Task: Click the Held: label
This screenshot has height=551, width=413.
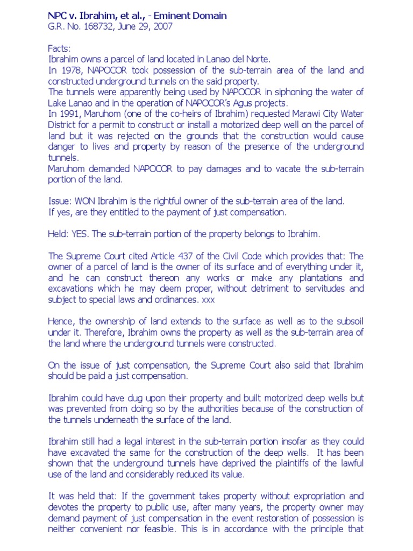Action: pos(59,234)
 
